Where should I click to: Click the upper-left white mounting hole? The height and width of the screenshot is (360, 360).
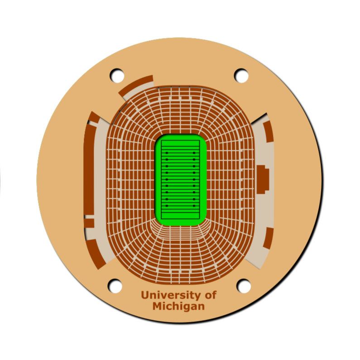[x=117, y=75]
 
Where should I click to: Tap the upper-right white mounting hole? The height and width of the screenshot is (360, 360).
[x=241, y=75]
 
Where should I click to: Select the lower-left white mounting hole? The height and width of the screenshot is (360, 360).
[x=115, y=286]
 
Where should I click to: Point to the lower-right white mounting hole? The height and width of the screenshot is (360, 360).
[x=244, y=286]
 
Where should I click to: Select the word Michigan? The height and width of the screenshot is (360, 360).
[x=178, y=307]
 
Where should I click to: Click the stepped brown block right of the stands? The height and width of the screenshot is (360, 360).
[x=263, y=179]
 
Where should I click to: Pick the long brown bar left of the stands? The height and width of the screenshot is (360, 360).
[x=89, y=169]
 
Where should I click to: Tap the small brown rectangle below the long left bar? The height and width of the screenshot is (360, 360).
[x=89, y=223]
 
